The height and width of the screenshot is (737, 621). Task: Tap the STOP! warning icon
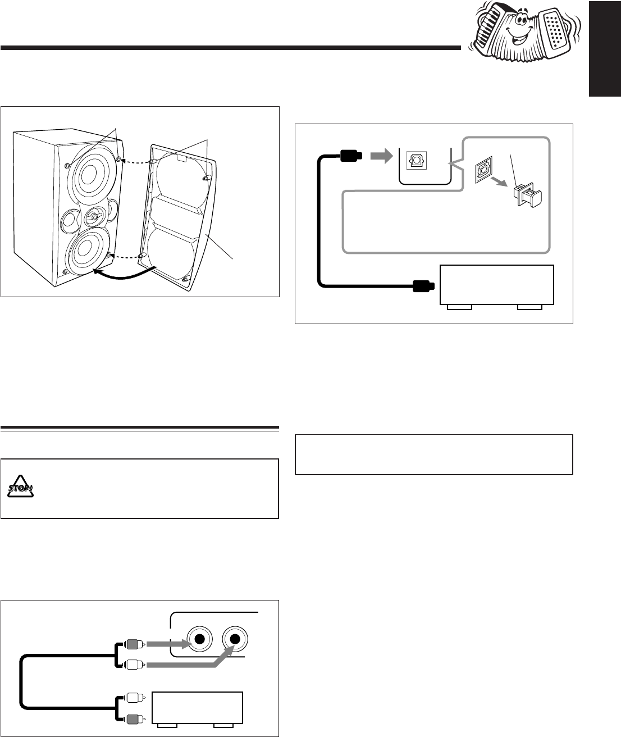(x=21, y=489)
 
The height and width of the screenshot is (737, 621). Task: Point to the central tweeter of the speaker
(x=94, y=216)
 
